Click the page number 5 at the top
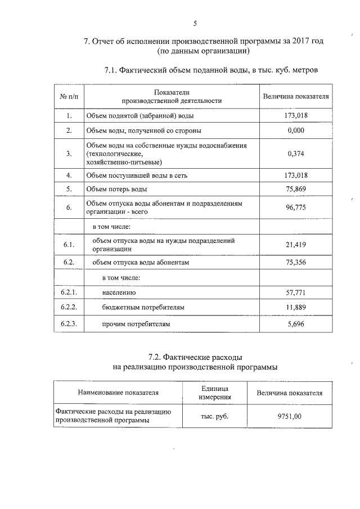[x=195, y=23]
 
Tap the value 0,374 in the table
[x=295, y=153]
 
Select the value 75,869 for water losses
[x=295, y=189]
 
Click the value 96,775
[x=295, y=208]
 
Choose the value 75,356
[x=295, y=263]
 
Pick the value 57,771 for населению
[x=295, y=293]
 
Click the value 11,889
[x=295, y=308]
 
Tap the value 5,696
[x=295, y=325]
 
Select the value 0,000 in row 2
[x=295, y=130]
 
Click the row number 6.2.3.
[x=68, y=325]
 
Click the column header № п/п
[x=68, y=96]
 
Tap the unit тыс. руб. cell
[x=214, y=416]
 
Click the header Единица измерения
[x=214, y=393]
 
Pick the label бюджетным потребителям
[x=143, y=308]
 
